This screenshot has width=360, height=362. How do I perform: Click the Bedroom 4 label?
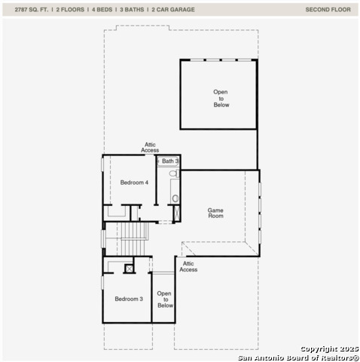coord(134,183)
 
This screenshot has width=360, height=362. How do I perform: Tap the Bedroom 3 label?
coord(128,299)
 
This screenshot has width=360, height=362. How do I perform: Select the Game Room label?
coord(216,213)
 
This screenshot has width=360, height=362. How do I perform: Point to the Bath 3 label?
coord(170,161)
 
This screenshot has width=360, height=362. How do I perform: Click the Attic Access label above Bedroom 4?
coord(150,148)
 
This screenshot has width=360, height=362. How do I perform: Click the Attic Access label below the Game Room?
coord(188,266)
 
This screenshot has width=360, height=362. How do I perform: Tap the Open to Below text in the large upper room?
coord(221,99)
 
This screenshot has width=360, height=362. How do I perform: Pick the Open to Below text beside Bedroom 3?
coord(165,299)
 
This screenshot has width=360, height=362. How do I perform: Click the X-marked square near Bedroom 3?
coord(130,268)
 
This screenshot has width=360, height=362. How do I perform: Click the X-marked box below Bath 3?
coord(178,213)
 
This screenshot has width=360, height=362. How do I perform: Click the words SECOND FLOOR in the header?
coord(328,10)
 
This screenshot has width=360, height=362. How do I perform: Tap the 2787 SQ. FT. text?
coord(26,10)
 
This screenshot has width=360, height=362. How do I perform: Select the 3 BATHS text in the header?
coord(133,10)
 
